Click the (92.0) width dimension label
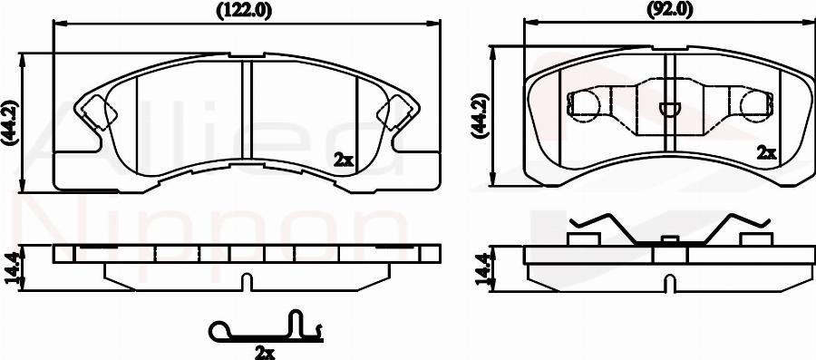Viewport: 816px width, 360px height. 669,10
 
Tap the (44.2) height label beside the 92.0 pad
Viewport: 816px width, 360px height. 480,114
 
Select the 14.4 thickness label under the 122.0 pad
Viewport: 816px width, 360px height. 11,269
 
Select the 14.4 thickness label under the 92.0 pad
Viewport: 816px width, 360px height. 481,269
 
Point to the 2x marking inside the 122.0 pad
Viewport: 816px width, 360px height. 343,160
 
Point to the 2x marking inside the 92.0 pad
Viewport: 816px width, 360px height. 767,152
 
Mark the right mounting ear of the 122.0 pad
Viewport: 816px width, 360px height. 396,113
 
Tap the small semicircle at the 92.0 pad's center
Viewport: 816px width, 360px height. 668,110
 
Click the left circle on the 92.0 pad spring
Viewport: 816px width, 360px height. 584,106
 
